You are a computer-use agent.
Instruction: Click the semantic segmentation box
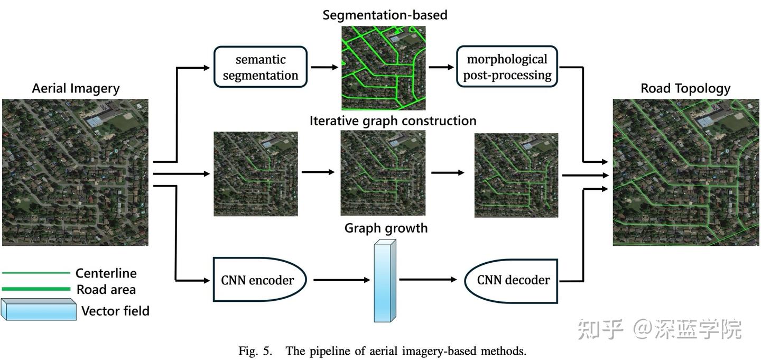click(x=260, y=67)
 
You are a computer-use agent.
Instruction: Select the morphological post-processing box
click(x=507, y=67)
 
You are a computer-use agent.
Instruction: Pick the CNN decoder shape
click(x=511, y=280)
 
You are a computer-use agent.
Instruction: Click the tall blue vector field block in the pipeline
click(x=384, y=281)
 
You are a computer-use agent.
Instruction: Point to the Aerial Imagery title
click(x=76, y=88)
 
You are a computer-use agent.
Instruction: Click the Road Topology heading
click(x=685, y=88)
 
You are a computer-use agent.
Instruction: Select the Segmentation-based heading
click(x=385, y=15)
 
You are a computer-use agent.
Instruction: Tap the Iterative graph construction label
click(x=393, y=121)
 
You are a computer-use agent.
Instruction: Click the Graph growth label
click(x=386, y=228)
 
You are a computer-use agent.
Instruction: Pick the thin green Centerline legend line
click(x=36, y=273)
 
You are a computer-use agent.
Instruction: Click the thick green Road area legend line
click(x=36, y=289)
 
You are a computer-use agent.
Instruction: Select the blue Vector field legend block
click(x=39, y=310)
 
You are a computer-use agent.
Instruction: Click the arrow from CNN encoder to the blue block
click(x=341, y=280)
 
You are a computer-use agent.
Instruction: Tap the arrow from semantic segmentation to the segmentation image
click(x=323, y=68)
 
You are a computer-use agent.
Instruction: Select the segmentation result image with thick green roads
click(x=383, y=67)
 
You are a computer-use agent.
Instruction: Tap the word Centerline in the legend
click(x=106, y=273)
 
